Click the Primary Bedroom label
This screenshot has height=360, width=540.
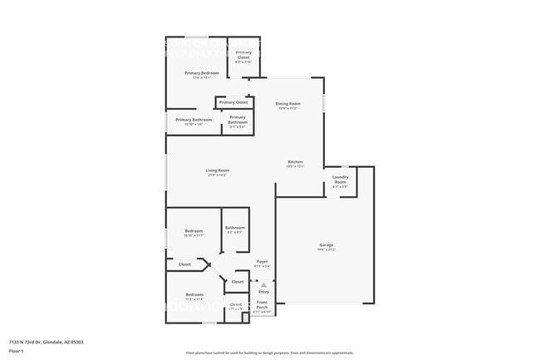point(201,73)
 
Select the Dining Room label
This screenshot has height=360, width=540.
point(288,104)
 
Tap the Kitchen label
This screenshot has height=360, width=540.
point(295,162)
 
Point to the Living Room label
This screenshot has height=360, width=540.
point(218,170)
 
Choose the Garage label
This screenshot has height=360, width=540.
point(326,245)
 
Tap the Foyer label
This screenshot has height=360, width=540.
point(262,262)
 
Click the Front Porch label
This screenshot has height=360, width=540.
point(262,306)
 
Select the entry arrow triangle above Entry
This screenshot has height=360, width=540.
point(263,284)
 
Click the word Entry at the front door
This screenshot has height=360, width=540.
point(263,292)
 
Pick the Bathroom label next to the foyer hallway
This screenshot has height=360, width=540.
point(234,228)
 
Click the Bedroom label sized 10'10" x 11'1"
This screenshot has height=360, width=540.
point(194,231)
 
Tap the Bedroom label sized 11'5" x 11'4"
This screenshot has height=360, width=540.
point(194,295)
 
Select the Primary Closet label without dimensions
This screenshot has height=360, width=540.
point(233,102)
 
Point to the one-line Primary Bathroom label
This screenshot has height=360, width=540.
point(194,120)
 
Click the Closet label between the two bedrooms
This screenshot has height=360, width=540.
point(184,264)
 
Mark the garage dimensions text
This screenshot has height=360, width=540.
point(326,250)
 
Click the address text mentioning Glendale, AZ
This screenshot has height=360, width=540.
point(46,342)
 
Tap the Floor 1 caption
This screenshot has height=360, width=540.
point(17,351)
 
